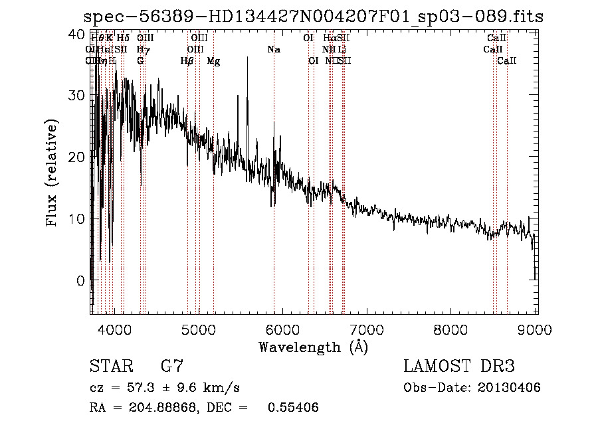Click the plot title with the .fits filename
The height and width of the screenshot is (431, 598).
313,17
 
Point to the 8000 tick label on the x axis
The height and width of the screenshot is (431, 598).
452,329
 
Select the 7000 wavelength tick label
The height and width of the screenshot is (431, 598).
367,329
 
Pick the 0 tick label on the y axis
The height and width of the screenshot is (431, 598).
80,280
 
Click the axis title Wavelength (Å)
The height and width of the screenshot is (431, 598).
313,347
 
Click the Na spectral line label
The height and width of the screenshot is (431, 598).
274,49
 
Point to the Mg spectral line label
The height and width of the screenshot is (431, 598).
214,61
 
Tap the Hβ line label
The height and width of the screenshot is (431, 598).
187,61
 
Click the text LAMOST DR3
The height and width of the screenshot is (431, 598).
459,367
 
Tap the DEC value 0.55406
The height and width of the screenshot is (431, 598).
293,408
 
